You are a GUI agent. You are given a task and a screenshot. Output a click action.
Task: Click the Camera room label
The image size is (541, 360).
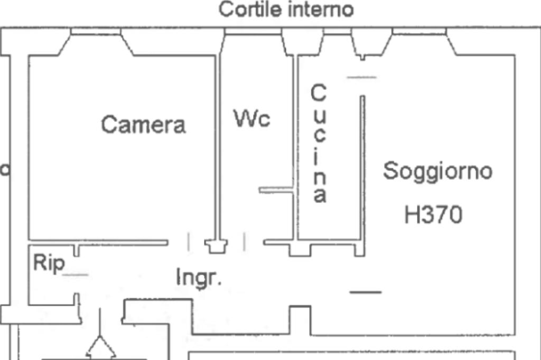click(x=143, y=125)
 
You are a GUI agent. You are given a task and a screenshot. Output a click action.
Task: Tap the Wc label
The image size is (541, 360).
click(x=252, y=119)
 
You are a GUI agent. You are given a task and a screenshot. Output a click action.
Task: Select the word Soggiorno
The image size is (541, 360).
click(x=437, y=172)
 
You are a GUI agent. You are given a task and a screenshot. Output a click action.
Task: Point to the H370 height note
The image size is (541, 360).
click(x=433, y=215)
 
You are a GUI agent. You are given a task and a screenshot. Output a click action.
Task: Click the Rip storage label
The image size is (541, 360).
click(x=49, y=262)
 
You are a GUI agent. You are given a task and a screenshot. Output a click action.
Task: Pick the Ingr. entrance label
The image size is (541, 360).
click(x=199, y=277)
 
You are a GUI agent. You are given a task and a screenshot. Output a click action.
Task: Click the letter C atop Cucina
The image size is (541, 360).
click(x=318, y=93)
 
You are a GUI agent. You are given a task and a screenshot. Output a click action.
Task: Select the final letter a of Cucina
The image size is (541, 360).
click(x=319, y=196)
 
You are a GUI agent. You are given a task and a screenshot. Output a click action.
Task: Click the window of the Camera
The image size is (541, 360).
click(x=96, y=33)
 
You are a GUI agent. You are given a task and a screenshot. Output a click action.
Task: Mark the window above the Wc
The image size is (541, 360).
click(x=253, y=33)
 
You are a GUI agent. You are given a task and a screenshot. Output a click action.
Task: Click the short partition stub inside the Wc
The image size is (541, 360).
click(x=276, y=190)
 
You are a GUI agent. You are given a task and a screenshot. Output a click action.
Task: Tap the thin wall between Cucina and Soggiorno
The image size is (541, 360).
click(x=363, y=169)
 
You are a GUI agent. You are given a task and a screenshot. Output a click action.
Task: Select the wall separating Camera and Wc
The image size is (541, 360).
click(x=217, y=148)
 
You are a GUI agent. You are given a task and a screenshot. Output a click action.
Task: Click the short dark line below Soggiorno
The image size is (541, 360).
click(x=365, y=292)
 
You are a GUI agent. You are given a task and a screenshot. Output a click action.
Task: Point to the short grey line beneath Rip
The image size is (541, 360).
click(x=76, y=274)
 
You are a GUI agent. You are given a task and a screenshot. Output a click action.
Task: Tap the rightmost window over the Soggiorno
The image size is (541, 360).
click(x=419, y=33)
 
